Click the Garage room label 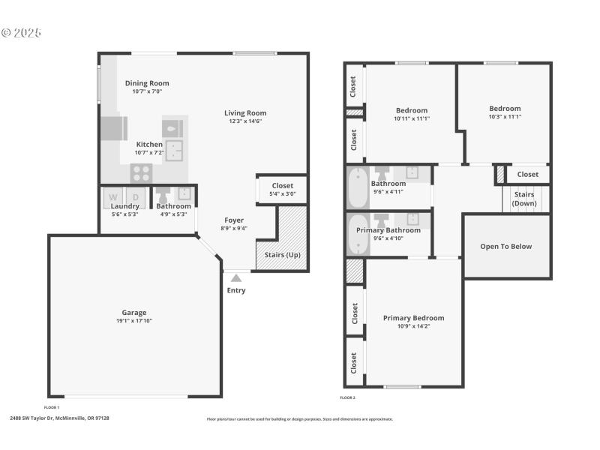(x=134, y=313)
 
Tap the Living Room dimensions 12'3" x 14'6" (x=245, y=121)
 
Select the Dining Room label (x=147, y=83)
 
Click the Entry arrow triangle (x=235, y=278)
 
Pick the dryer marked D (x=136, y=197)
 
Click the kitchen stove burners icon (x=141, y=173)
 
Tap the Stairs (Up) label (x=282, y=255)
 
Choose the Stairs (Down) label (x=523, y=199)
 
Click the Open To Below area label (x=506, y=246)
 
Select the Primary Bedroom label (x=413, y=318)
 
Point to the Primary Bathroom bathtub (x=357, y=235)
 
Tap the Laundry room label (x=125, y=206)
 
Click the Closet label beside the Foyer (x=283, y=185)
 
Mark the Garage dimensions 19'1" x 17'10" (x=134, y=321)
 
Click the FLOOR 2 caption (x=348, y=397)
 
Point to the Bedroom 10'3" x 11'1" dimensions (x=504, y=116)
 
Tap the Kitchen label (x=148, y=144)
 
